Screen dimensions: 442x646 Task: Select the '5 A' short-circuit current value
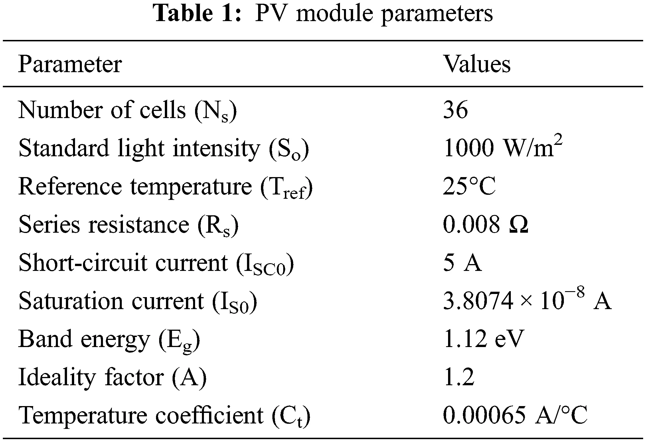coord(462,263)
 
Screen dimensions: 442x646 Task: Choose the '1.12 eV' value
coord(484,339)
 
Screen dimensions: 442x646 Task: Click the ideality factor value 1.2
coord(459,377)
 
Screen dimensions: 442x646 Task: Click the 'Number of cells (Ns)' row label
coord(127,111)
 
